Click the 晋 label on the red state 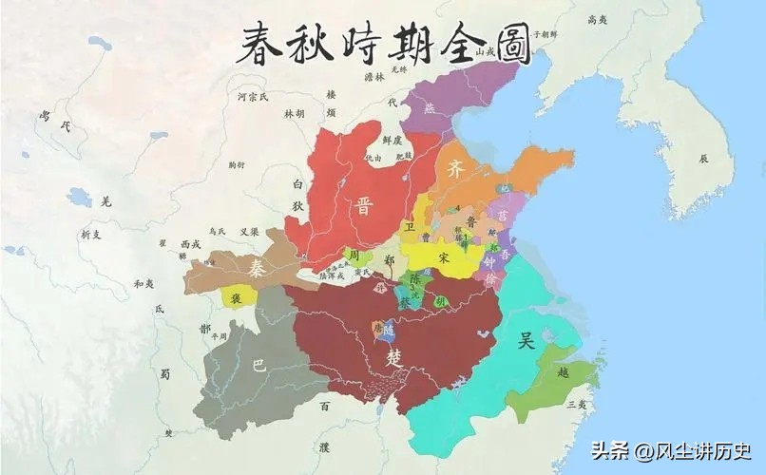(363, 207)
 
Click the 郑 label (388, 258)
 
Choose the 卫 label (410, 228)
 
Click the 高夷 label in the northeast (597, 18)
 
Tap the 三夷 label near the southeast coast (576, 405)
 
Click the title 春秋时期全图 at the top (383, 42)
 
